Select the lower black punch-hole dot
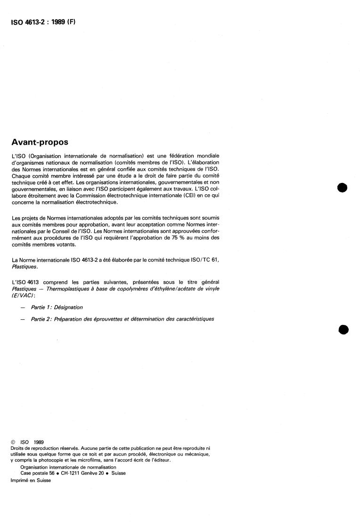point(343,329)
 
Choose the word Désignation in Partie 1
point(69,307)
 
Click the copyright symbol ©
point(13,442)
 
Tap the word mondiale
point(205,155)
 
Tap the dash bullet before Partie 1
point(22,307)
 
